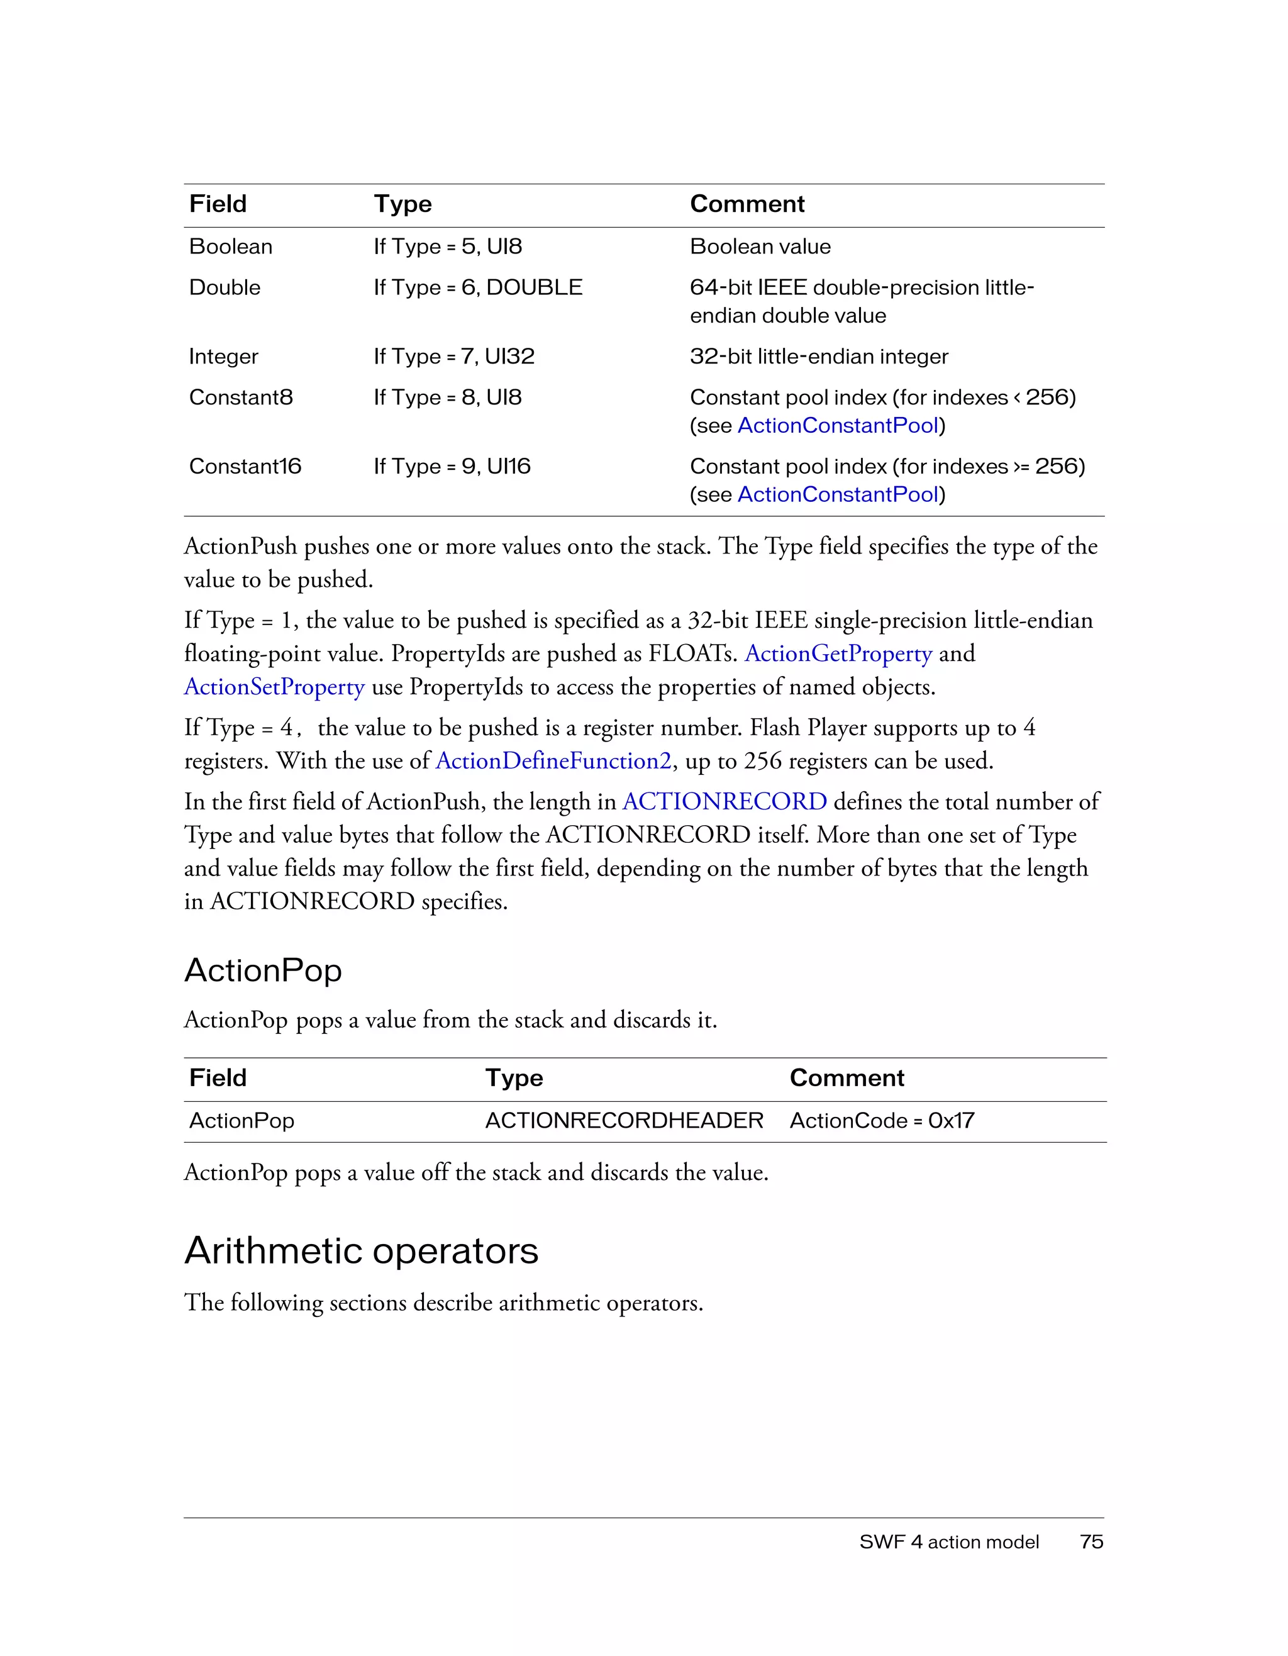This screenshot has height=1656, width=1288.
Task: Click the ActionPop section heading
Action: pos(263,970)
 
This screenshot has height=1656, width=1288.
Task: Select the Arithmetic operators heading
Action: pos(361,1250)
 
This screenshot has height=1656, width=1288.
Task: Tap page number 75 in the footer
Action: pos(1091,1542)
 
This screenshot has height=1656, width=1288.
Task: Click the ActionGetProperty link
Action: pos(838,653)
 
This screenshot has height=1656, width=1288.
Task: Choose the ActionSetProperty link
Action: pos(274,687)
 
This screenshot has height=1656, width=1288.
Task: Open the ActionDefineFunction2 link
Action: pos(553,760)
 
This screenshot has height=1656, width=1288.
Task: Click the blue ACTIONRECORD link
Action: pos(724,801)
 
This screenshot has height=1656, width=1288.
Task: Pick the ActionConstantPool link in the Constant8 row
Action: pos(838,425)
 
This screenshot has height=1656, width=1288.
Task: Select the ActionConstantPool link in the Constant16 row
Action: pos(838,494)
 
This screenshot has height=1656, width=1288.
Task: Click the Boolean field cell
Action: pos(230,247)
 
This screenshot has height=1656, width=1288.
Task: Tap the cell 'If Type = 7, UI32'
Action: pos(453,357)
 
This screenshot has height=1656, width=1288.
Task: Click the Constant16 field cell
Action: pos(245,466)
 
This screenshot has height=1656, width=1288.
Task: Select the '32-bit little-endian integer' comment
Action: pos(819,357)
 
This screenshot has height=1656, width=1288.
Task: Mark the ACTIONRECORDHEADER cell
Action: pos(624,1121)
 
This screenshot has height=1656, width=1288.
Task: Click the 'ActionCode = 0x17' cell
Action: pos(882,1121)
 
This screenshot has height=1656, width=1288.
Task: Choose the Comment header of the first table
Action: pos(747,204)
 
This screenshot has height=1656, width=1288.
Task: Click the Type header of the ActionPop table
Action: pos(514,1078)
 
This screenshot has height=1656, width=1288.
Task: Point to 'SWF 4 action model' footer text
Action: pos(948,1542)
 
